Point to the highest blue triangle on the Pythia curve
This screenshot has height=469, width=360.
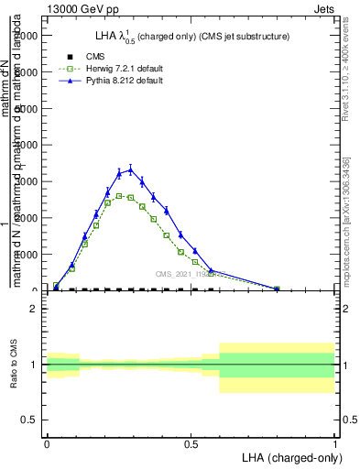pyautogui.click(x=130, y=169)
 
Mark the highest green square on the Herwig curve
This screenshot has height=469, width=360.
pyautogui.click(x=119, y=196)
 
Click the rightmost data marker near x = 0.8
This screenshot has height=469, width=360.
pyautogui.click(x=277, y=289)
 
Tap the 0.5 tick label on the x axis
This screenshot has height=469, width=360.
pyautogui.click(x=191, y=444)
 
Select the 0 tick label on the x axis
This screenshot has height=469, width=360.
pyautogui.click(x=47, y=444)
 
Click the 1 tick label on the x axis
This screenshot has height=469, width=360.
pyautogui.click(x=334, y=444)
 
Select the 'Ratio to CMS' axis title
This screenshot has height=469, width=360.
pyautogui.click(x=13, y=365)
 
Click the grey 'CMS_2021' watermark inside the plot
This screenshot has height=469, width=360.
pyautogui.click(x=175, y=273)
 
